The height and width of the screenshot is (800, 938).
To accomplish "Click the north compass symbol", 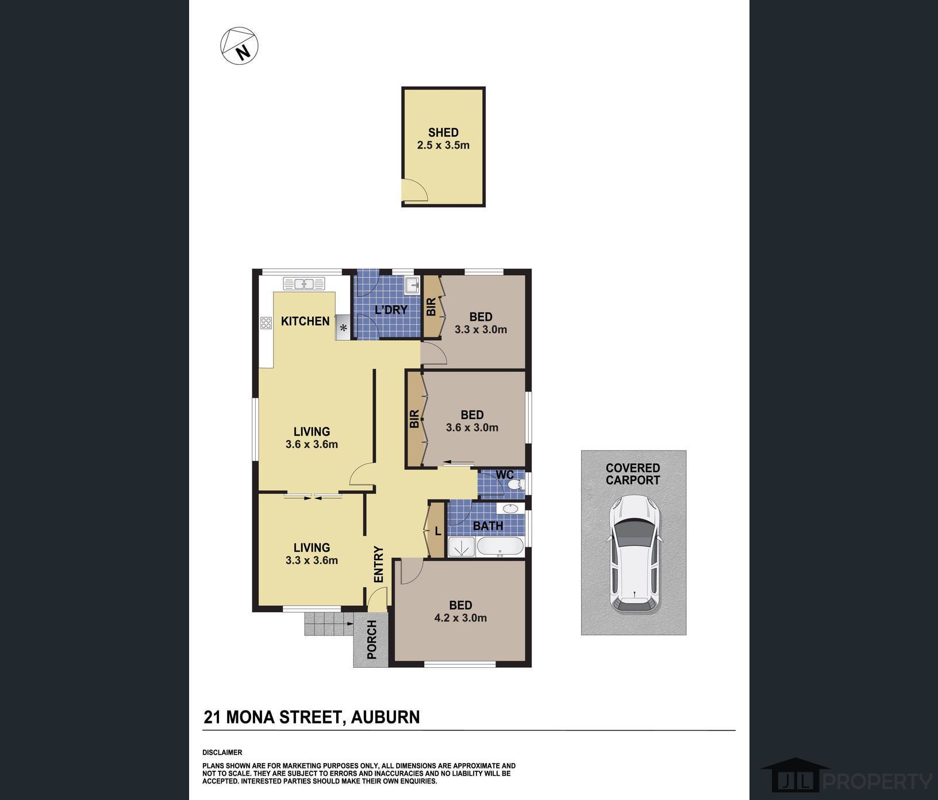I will pos(240,46).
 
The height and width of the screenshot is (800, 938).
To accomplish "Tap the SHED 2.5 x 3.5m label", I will pos(443,139).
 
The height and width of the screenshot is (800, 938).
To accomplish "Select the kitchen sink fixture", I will pos(304,283).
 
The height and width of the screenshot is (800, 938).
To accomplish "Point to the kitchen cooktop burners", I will pos(266,323).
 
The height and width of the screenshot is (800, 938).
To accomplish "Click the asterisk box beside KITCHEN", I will pos(344,328).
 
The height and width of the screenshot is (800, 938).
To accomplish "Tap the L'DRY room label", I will pos(391,310).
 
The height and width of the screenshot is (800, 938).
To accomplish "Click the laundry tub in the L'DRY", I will pos(412,284).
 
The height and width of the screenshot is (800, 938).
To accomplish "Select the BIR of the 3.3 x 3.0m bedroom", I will pos(431,307).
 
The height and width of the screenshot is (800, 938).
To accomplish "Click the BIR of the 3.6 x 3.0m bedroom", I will pos(414,419).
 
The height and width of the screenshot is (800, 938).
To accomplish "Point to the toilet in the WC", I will pos(516,484).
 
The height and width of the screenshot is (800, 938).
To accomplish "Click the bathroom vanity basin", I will pos(509,508).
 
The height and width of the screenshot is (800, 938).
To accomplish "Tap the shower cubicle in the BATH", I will pos(461,547).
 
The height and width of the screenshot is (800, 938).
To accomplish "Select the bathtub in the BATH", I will pos(500,547).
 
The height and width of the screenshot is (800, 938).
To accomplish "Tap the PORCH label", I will pos(372,640).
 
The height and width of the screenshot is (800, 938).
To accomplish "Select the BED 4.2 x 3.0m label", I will pos(460,611).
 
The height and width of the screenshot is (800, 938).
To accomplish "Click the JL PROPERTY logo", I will pos(846,780).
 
